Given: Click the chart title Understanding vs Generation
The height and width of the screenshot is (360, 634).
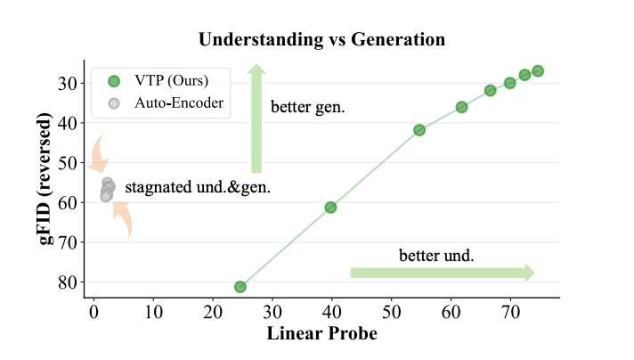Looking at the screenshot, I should [321, 40].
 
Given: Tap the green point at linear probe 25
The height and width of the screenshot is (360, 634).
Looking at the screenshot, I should [240, 287].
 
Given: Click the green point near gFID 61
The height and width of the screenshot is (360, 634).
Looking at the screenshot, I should [330, 208].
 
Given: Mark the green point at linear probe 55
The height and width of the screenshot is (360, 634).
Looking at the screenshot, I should [419, 130].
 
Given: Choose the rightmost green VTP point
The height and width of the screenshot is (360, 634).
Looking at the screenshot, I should [538, 71].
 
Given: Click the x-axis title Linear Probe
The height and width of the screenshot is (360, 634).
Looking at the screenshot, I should [321, 334].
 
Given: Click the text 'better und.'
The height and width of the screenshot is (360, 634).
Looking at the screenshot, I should [436, 255].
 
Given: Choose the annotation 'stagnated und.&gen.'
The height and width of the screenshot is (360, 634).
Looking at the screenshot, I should [198, 188].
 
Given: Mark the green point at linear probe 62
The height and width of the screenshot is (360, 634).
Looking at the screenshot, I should [461, 107].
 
